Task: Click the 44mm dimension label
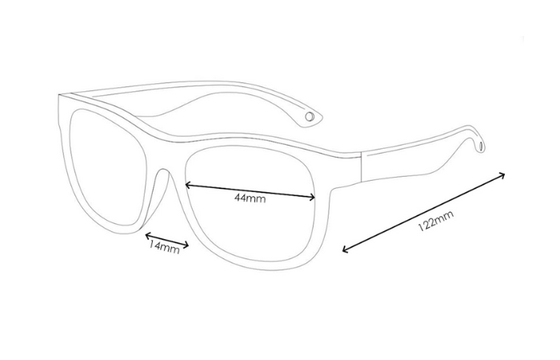coord(250,198)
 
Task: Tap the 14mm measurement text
coord(163,248)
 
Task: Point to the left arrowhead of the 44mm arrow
coord(186,186)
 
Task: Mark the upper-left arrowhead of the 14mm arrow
coord(146,234)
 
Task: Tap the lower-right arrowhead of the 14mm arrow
coord(187,247)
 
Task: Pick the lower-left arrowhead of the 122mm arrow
coord(344,250)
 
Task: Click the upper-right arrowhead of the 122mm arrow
coord(506,173)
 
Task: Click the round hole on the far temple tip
coord(310,117)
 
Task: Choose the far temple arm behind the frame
coord(200,92)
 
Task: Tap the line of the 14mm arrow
coord(166,241)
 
